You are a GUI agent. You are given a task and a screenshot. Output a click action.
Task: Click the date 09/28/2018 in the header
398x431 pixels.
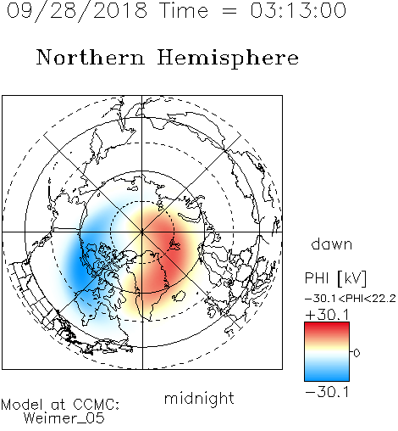(x=77, y=10)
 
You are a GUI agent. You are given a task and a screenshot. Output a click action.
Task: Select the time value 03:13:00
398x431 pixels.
(x=298, y=10)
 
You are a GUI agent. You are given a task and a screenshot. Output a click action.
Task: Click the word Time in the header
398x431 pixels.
(x=184, y=10)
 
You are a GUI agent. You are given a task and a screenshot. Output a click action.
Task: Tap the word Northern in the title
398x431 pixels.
(x=91, y=57)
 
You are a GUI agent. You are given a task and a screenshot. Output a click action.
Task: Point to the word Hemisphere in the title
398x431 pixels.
(x=228, y=58)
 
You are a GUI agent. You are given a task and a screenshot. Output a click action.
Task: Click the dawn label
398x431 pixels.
(x=332, y=243)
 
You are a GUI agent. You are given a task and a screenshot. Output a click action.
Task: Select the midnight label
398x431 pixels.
(x=199, y=398)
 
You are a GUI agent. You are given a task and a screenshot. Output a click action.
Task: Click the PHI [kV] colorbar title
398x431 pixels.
(x=335, y=278)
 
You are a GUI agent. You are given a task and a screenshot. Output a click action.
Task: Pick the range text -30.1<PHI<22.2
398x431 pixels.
(x=351, y=299)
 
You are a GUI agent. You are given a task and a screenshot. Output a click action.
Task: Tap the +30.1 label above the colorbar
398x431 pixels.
(x=327, y=315)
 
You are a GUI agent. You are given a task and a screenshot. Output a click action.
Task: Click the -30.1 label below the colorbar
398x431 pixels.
(x=327, y=392)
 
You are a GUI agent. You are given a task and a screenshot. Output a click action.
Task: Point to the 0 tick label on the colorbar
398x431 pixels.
(x=357, y=353)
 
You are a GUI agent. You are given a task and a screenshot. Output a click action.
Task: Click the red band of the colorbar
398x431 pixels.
(x=327, y=328)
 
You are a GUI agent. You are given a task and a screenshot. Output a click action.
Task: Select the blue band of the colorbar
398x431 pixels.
(x=327, y=373)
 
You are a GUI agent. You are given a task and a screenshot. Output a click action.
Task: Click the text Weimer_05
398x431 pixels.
(x=64, y=418)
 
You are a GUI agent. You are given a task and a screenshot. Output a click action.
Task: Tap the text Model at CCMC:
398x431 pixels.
(x=60, y=405)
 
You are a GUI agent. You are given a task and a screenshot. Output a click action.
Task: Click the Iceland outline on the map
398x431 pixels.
(x=179, y=296)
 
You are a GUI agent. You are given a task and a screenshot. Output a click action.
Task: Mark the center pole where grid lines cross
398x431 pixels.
(x=142, y=232)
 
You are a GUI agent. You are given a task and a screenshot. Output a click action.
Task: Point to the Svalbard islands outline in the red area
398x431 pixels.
(x=174, y=244)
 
